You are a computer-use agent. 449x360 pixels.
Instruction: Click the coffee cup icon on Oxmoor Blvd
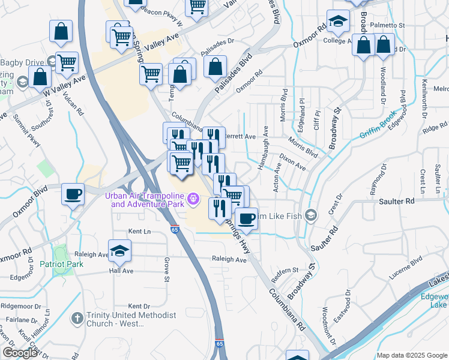click(73, 194)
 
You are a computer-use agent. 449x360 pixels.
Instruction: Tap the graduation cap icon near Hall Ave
click(119, 251)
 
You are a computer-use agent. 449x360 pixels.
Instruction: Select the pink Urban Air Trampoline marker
click(193, 198)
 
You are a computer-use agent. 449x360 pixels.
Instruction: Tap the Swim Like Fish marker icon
click(311, 215)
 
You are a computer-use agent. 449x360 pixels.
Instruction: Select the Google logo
click(20, 353)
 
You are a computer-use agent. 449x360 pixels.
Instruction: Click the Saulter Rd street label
click(396, 202)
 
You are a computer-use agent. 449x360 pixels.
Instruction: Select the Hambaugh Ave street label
click(262, 153)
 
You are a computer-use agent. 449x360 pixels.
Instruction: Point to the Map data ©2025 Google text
click(411, 355)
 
